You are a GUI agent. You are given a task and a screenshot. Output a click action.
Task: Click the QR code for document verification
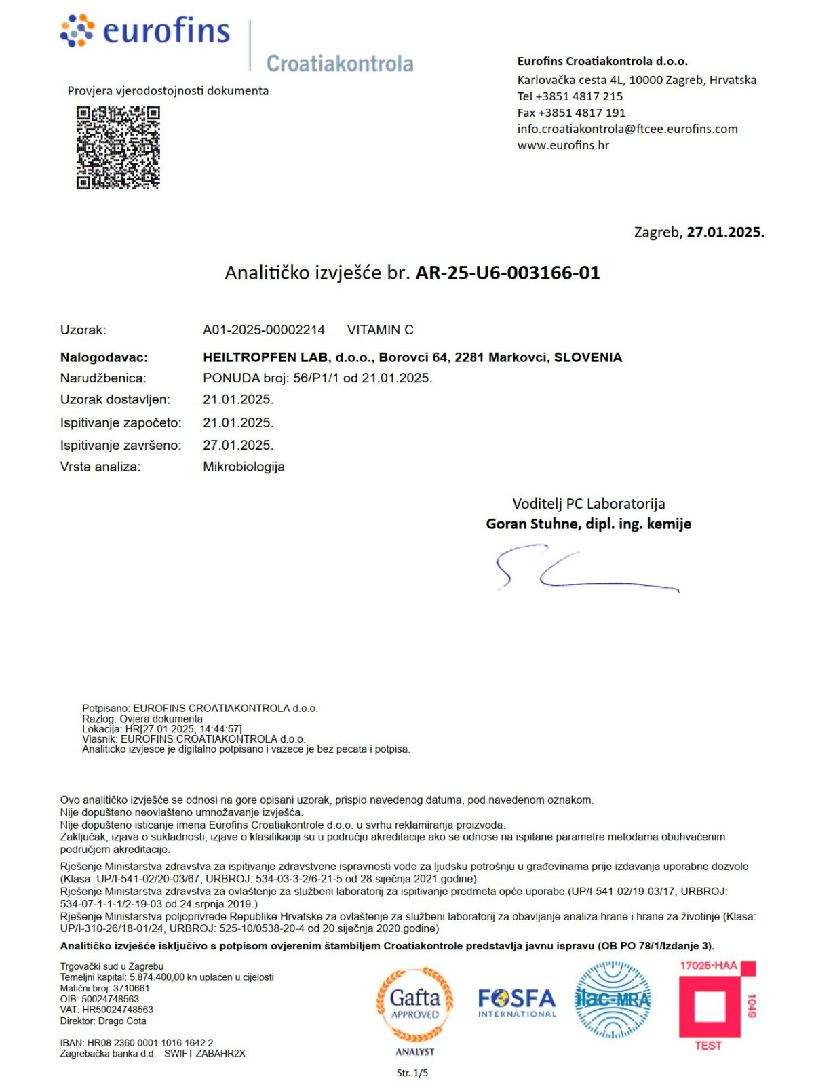pos(118,146)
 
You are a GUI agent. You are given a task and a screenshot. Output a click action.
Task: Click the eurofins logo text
pos(166,31)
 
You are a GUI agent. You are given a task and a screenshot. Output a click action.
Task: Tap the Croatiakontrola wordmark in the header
pos(339,64)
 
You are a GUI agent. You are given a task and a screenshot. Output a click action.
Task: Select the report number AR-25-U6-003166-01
pos(507,273)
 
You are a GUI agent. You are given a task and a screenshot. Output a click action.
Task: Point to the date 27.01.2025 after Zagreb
pos(725,232)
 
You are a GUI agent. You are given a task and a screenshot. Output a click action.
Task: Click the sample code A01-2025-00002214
pos(264,330)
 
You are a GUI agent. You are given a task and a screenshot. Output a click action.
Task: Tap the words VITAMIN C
pos(380,330)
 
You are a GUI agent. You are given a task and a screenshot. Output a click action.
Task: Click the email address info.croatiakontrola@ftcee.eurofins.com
pos(627,129)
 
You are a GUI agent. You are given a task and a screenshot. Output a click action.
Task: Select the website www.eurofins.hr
pos(563,145)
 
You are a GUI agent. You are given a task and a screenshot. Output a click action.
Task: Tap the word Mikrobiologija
pos(244,467)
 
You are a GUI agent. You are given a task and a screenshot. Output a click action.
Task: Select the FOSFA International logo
pos(517,1002)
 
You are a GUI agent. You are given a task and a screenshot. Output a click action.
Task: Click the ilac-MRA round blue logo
pos(613,1000)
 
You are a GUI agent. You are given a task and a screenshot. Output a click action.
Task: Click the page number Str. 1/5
pos(412,1073)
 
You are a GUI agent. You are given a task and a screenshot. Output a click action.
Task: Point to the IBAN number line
pos(136,1043)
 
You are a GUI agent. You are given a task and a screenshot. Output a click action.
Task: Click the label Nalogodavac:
pos(104,357)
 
